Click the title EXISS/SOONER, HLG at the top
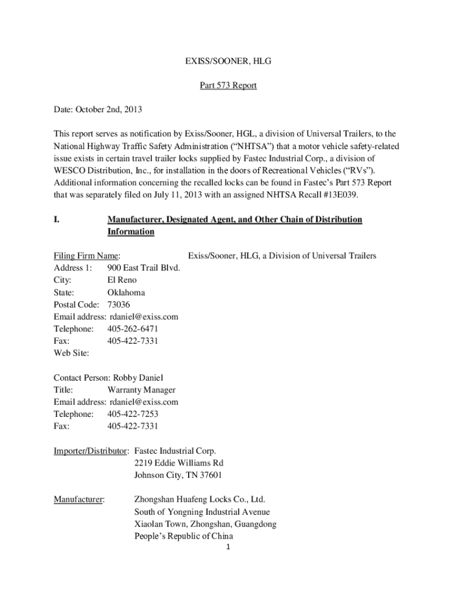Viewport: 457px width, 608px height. (x=228, y=61)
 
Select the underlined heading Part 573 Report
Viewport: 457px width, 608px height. (x=228, y=85)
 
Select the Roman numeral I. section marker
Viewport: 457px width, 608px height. (x=56, y=220)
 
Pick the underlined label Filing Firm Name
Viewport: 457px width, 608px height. (x=87, y=256)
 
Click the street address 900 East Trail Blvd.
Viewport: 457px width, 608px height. (x=144, y=268)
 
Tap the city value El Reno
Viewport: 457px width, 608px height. (x=122, y=280)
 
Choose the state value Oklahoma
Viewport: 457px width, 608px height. (x=126, y=293)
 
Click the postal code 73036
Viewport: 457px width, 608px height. (x=119, y=305)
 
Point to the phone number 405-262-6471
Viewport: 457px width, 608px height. (x=133, y=329)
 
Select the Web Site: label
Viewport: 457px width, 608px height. (x=71, y=353)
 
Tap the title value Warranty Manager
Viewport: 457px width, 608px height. (x=141, y=390)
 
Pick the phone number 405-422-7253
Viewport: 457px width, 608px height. (x=133, y=414)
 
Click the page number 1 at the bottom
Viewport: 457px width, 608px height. (x=228, y=547)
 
